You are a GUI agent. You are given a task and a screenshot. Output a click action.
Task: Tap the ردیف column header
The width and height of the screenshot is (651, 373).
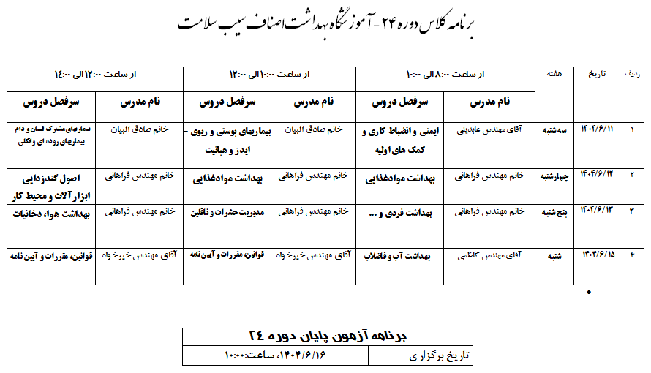click(x=631, y=75)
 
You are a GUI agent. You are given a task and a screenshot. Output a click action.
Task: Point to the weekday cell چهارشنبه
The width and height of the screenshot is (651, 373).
click(x=556, y=176)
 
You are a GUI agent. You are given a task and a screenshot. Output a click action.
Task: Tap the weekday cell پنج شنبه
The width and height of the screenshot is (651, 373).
click(x=556, y=212)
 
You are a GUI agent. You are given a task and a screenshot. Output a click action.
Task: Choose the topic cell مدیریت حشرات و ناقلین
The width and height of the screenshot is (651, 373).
click(x=226, y=213)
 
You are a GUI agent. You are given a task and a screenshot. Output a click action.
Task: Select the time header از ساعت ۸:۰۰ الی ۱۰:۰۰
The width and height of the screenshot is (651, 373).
click(x=445, y=75)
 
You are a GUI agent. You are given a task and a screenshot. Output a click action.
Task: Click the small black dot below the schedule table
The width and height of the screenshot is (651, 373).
click(x=590, y=293)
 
